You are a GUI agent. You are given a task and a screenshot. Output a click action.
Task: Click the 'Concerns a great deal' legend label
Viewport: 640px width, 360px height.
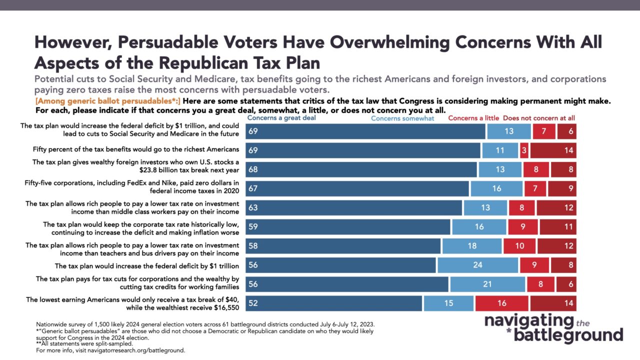point(281,117)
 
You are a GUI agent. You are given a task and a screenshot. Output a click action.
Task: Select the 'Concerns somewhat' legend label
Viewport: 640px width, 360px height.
point(402,118)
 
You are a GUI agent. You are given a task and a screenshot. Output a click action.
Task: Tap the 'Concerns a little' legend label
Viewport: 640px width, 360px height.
point(473,118)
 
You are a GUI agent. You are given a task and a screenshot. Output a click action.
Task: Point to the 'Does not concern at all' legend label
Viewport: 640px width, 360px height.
point(539,118)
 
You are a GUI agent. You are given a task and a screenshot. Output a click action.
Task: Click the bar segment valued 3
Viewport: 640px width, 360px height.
point(524,150)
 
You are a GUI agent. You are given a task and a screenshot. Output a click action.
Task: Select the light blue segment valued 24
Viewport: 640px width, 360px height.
point(477,265)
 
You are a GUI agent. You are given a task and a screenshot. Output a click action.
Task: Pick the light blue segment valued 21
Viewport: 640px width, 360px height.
point(487,284)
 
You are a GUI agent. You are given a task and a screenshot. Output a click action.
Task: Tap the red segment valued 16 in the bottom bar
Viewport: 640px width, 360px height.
point(501,303)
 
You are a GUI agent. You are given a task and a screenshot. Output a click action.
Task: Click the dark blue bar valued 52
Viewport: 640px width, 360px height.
point(333,303)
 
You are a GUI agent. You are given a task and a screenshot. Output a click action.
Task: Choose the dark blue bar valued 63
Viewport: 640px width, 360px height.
point(353,207)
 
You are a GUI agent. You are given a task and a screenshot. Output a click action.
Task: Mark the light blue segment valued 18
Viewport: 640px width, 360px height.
point(472,246)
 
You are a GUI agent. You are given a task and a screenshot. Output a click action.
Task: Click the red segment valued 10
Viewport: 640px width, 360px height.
point(519,246)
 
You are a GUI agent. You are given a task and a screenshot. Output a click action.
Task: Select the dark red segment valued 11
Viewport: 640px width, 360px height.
point(558,227)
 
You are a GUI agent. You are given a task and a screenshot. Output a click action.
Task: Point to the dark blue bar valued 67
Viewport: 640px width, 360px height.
point(357,188)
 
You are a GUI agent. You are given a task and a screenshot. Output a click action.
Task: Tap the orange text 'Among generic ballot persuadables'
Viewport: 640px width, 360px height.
point(107,101)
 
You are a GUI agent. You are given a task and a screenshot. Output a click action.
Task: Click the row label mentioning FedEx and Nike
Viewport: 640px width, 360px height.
point(131,187)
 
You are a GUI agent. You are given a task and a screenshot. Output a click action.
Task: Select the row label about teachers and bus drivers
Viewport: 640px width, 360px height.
point(132,249)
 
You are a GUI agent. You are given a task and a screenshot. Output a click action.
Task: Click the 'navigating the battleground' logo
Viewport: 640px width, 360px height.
point(553,328)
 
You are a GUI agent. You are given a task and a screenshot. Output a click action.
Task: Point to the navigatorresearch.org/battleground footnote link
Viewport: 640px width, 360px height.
point(136,350)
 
